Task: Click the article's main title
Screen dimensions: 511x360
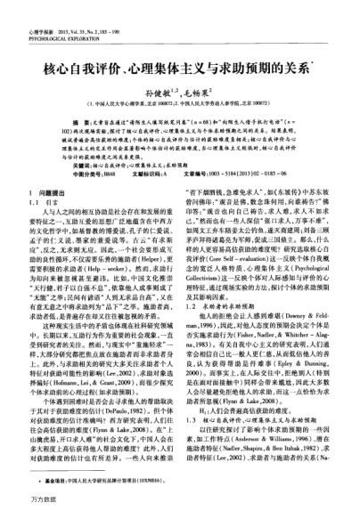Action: [x=180, y=43]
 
